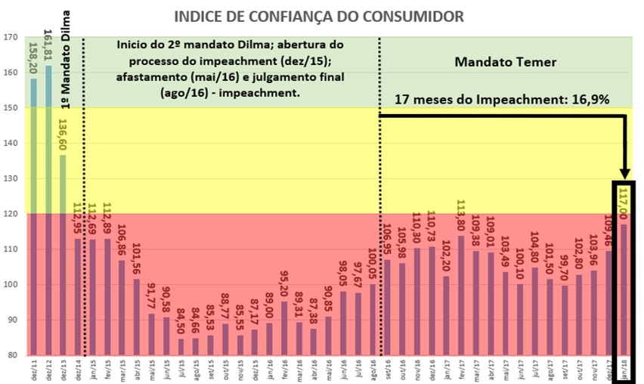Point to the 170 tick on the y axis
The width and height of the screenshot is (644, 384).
11,37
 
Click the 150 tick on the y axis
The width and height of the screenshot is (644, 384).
11,108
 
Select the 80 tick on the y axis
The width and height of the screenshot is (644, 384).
11,355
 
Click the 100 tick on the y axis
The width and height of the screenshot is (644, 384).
11,284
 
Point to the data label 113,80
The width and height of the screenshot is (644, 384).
460,217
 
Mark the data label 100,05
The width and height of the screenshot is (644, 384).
372,265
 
